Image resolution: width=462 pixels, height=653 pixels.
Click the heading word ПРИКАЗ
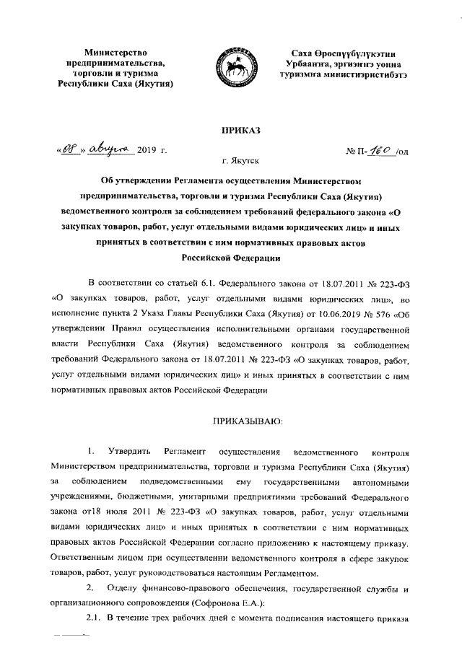pyautogui.click(x=231, y=129)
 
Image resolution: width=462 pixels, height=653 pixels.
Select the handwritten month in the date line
pyautogui.click(x=110, y=149)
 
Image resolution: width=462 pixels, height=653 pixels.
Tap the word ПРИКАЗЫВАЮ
pyautogui.click(x=231, y=419)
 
